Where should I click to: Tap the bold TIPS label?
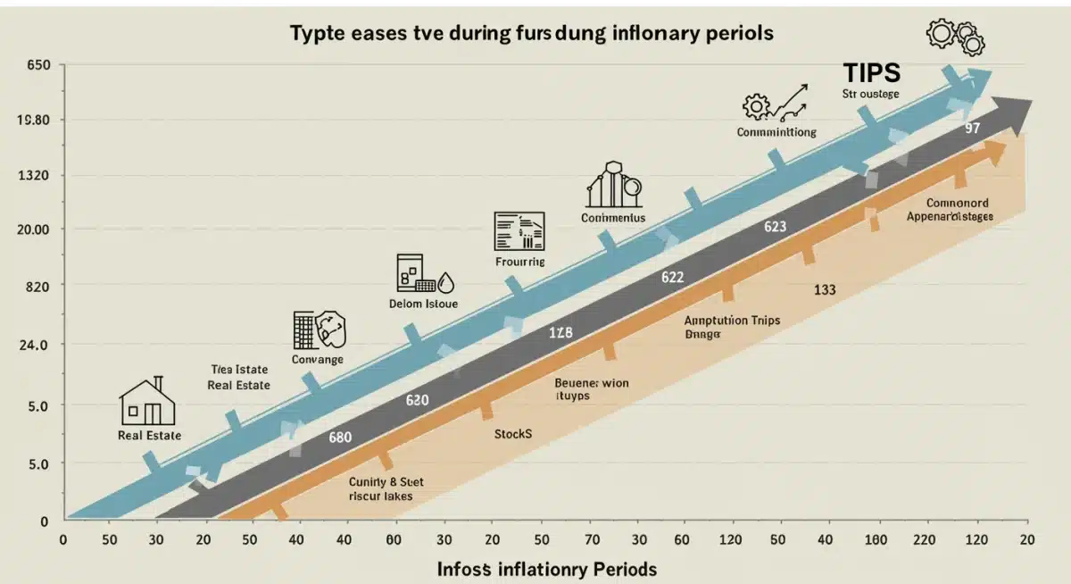[872, 73]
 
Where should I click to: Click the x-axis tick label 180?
[876, 539]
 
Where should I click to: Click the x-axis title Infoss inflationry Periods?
[547, 569]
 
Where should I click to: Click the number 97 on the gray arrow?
[973, 129]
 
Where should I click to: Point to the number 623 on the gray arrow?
[775, 227]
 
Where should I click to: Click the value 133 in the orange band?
[825, 289]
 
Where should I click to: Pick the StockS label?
[512, 434]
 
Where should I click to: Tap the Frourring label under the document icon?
[519, 262]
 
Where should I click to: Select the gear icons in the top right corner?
[956, 37]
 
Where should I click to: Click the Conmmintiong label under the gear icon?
[776, 131]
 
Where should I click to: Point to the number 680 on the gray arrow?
[339, 438]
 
